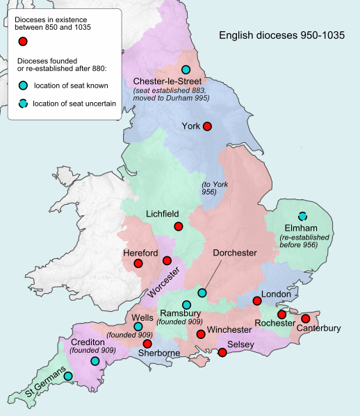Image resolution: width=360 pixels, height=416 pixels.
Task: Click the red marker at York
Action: (x=206, y=126)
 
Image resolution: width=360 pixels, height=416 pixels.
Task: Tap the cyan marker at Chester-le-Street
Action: (x=186, y=69)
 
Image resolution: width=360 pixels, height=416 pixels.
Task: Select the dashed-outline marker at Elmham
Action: (x=302, y=216)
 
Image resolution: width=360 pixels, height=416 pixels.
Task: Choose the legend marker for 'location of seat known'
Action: (x=23, y=86)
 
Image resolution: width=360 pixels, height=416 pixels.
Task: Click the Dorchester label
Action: (x=235, y=253)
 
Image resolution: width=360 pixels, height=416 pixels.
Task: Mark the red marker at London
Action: (x=257, y=301)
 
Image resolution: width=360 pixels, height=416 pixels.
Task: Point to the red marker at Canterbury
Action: (x=305, y=318)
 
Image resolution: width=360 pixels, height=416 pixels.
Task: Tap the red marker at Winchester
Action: (x=201, y=335)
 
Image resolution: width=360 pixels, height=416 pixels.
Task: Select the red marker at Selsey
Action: (x=222, y=353)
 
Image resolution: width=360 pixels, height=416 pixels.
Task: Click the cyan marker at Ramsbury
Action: (x=186, y=305)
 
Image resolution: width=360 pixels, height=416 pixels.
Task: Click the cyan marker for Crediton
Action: (x=95, y=361)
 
